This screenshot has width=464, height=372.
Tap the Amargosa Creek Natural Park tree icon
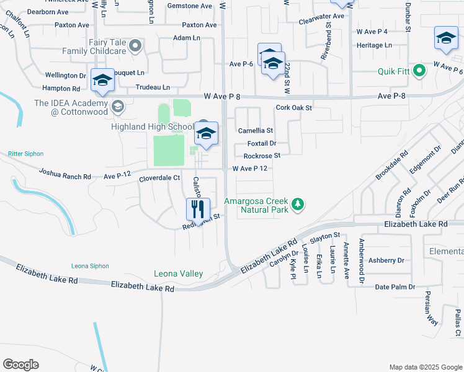[x=298, y=204]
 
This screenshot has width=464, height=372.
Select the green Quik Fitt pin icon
[x=419, y=71]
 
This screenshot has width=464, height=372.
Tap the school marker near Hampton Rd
[x=102, y=80]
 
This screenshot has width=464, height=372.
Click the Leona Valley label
[x=178, y=273]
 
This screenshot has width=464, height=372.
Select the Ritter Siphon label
[x=25, y=153]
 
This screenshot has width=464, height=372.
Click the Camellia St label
[x=256, y=131]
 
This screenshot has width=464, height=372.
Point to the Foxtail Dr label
[x=261, y=144]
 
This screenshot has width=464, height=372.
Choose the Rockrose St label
[x=262, y=156]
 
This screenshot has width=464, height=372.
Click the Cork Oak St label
[x=293, y=107]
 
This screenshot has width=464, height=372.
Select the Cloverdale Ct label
[x=159, y=177]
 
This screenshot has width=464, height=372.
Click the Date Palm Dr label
[x=395, y=286]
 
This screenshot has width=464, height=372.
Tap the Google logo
[x=20, y=365]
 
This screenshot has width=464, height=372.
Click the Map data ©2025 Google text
[x=425, y=367]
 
